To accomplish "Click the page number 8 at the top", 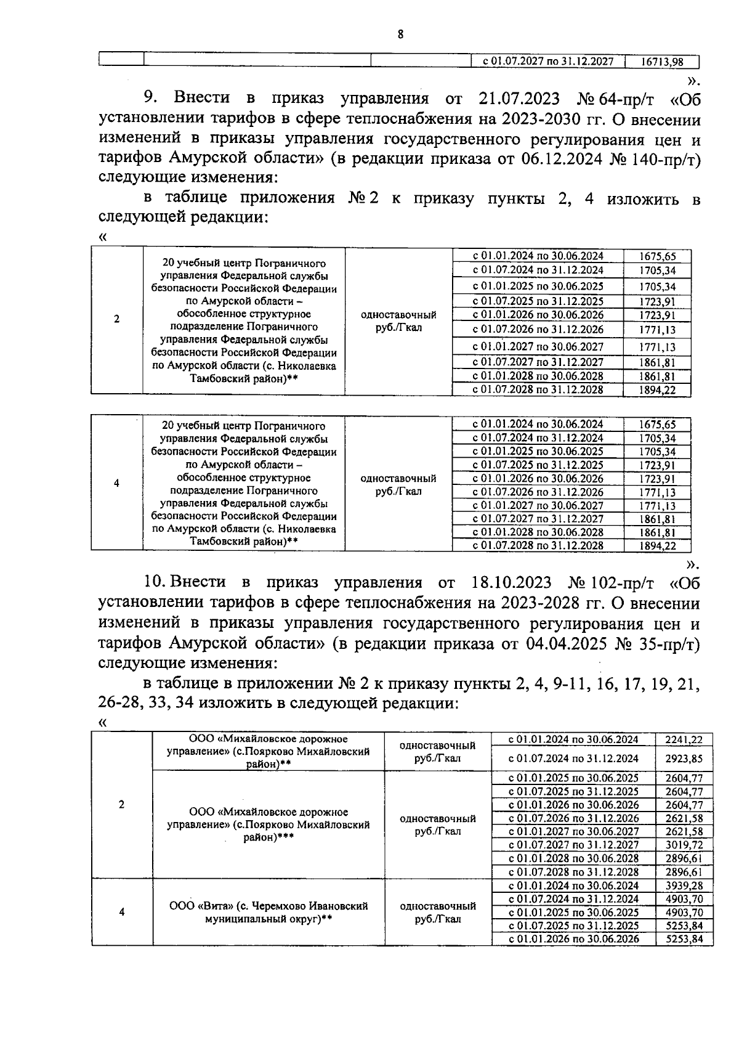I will pyautogui.click(x=400, y=35).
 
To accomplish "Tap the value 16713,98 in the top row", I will pyautogui.click(x=661, y=62).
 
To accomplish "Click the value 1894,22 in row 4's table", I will pyautogui.click(x=657, y=546).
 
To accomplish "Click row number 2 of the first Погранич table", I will pyautogui.click(x=117, y=319).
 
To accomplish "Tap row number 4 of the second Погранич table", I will pyautogui.click(x=117, y=484).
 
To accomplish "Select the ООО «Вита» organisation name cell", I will pyautogui.click(x=269, y=912).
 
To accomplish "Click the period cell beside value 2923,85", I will pyautogui.click(x=573, y=759).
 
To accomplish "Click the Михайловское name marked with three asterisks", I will pyautogui.click(x=269, y=825).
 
